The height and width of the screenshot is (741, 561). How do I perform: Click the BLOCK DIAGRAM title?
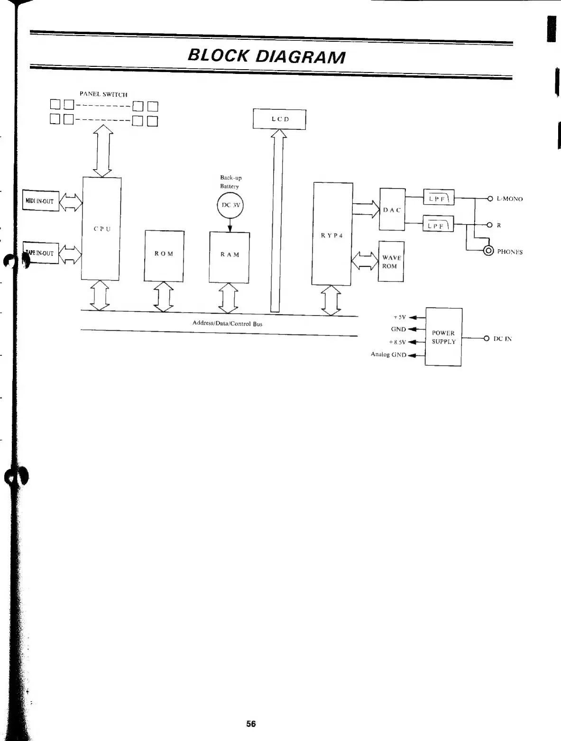pos(266,56)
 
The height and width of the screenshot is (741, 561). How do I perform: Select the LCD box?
pos(279,119)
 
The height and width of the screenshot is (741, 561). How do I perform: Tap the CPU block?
pos(101,228)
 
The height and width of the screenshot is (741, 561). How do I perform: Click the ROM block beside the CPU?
pos(164,255)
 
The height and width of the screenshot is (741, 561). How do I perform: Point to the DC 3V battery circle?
pos(230,206)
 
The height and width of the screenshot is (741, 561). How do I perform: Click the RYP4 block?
pos(331,234)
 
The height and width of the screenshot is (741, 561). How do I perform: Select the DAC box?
pos(392,209)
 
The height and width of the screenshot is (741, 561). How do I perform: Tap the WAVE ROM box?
pos(391,262)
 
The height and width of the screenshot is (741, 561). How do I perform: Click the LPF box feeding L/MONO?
pos(438,199)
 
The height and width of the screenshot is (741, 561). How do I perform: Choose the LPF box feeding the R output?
pos(438,225)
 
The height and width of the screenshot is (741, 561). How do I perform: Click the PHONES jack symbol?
pos(488,251)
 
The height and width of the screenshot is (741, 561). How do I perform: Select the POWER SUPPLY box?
pos(443,337)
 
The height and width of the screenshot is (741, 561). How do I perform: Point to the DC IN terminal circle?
pos(486,338)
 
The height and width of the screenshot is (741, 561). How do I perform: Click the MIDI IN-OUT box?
pos(41,200)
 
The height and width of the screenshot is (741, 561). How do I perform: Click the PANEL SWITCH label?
pos(103,94)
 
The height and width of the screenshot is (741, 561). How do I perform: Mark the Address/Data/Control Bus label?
pos(227,324)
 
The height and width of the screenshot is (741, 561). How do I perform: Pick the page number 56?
pos(251,723)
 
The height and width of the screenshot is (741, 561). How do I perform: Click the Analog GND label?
pos(388,354)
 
